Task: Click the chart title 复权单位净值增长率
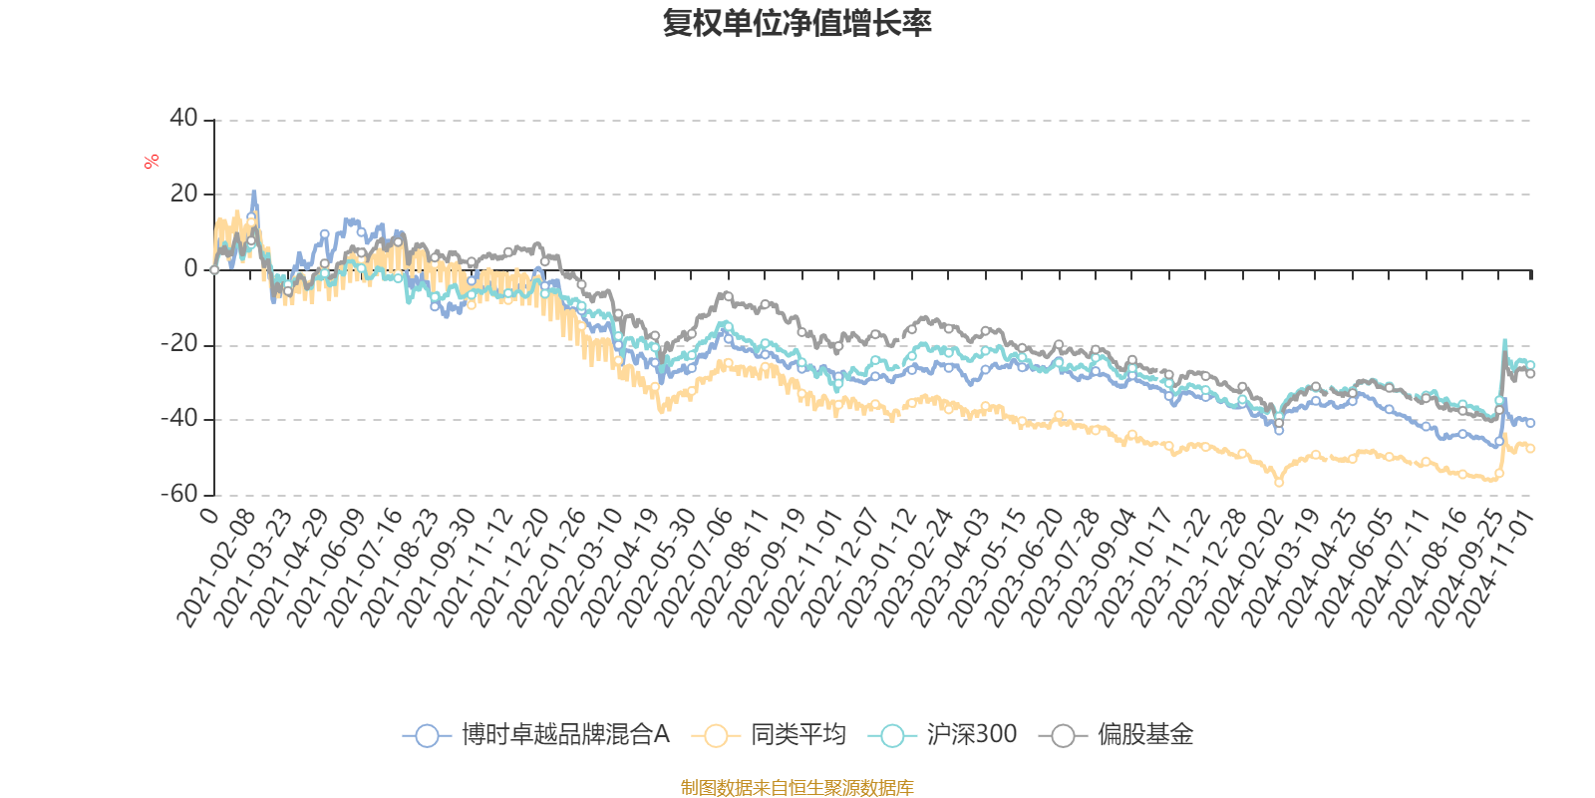point(797,23)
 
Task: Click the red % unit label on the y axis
point(152,162)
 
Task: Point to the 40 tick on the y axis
point(184,119)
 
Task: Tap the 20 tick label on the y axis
point(184,194)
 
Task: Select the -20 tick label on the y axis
point(179,344)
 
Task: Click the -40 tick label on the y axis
point(179,419)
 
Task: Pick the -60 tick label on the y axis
point(179,494)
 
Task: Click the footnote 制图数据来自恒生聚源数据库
point(797,788)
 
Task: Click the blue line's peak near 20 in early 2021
point(254,192)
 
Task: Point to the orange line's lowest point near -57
point(1279,484)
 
